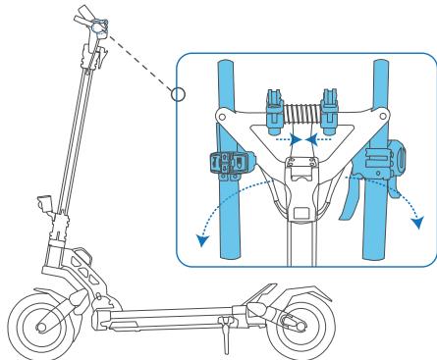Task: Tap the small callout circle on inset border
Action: (x=177, y=95)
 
